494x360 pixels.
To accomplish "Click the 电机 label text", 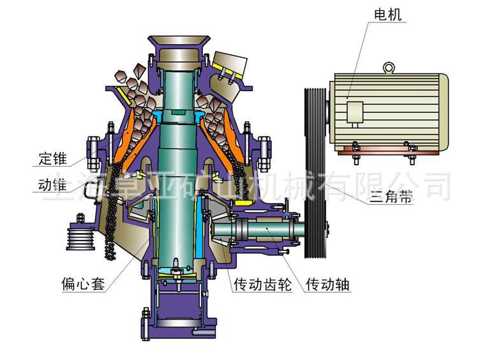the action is (387, 15).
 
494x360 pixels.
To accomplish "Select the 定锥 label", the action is (52, 158).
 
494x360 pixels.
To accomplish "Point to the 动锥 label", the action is (52, 184).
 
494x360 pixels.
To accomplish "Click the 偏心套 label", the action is (83, 284).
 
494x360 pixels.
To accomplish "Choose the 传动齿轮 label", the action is (262, 285).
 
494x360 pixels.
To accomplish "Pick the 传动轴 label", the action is (327, 285).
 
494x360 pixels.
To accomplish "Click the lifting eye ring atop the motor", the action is (389, 68).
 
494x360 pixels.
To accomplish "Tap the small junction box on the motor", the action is (355, 112).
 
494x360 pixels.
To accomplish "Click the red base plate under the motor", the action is (389, 153).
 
